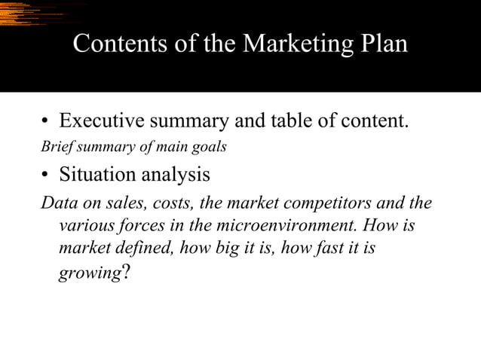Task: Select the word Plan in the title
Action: point(381,44)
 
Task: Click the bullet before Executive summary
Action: point(46,122)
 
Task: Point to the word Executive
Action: point(100,121)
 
